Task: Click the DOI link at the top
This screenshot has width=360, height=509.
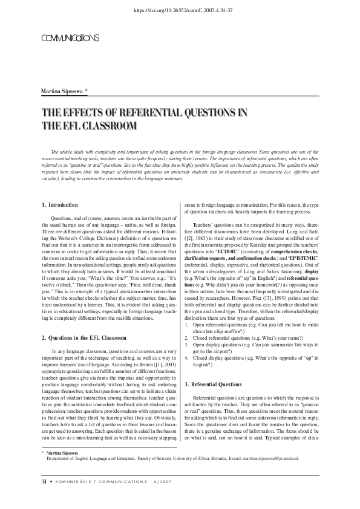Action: [180, 10]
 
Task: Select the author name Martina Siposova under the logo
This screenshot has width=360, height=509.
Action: [64, 90]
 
